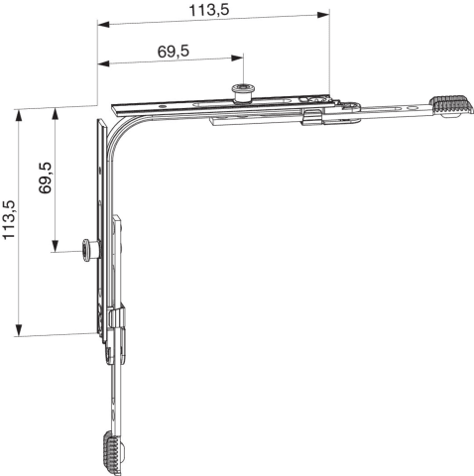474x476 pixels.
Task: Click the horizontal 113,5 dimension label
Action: (209, 10)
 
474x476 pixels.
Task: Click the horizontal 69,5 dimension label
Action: (174, 52)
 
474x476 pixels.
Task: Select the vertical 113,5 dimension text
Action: (9, 219)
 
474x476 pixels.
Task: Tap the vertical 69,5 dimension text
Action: (45, 178)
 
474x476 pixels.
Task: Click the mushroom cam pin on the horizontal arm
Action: (243, 92)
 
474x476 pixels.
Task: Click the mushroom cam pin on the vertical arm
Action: (89, 251)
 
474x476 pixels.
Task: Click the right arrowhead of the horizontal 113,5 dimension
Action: (323, 15)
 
